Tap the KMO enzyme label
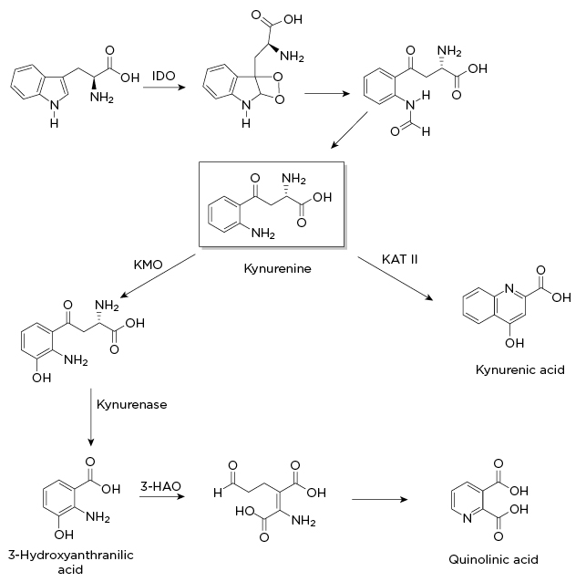point(148,265)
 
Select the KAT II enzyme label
point(401,259)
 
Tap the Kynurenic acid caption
point(520,369)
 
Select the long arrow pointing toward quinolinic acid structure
point(383,499)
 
